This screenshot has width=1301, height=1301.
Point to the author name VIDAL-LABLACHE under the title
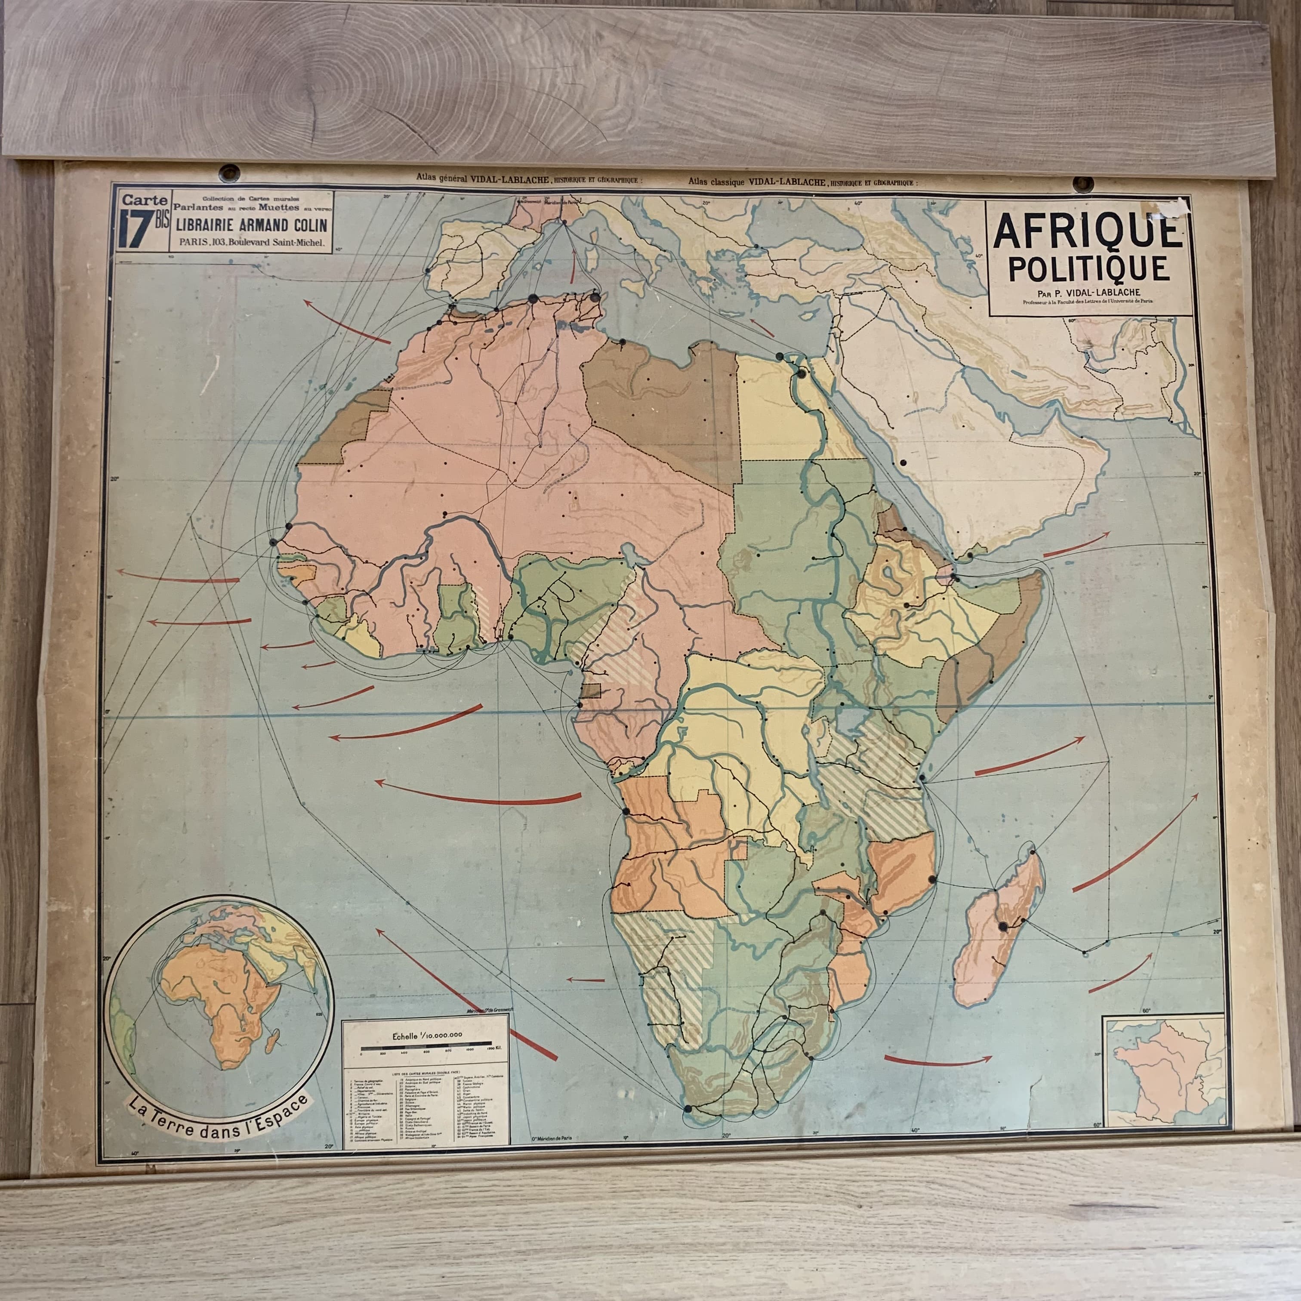pyautogui.click(x=1106, y=292)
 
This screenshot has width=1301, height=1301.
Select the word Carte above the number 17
pyautogui.click(x=142, y=200)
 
